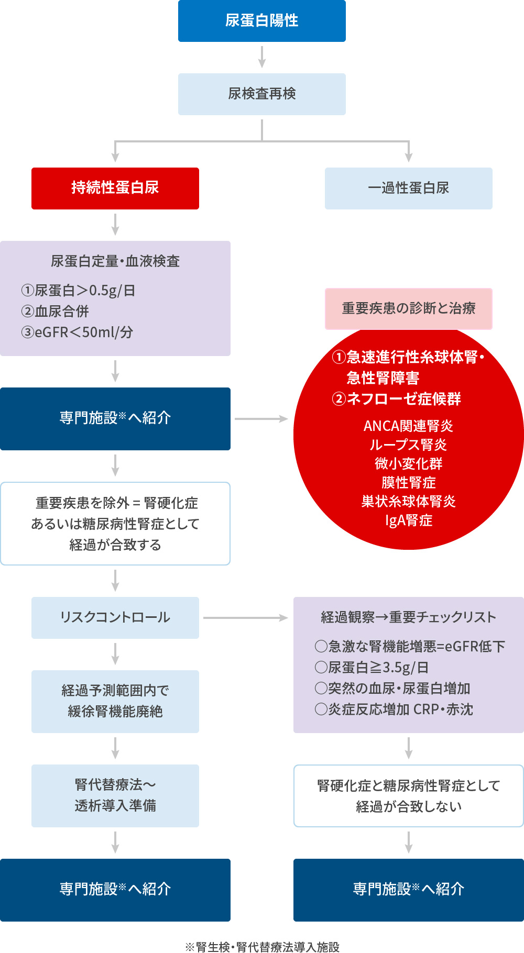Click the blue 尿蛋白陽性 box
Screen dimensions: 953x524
click(262, 21)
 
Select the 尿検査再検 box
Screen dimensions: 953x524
click(262, 94)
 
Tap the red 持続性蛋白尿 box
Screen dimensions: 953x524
click(115, 189)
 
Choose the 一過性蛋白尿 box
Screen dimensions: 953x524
click(409, 189)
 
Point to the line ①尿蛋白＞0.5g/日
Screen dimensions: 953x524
click(79, 291)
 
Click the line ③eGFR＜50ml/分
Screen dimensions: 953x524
click(77, 333)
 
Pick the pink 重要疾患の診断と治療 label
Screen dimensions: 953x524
click(409, 308)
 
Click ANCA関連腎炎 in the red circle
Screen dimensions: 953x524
click(409, 426)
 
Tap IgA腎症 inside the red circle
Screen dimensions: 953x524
click(409, 520)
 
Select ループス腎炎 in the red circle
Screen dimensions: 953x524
click(409, 445)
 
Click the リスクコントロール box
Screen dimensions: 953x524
click(115, 618)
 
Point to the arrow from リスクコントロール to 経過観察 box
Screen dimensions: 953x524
click(245, 618)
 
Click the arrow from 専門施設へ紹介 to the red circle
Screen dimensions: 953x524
click(261, 419)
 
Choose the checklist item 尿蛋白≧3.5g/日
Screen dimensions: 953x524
click(372, 668)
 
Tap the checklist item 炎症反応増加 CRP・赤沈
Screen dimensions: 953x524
click(394, 710)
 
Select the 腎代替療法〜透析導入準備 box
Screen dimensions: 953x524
click(115, 796)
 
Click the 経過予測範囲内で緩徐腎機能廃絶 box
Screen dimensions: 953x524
click(115, 702)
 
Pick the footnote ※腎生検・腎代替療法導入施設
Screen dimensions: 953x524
click(262, 947)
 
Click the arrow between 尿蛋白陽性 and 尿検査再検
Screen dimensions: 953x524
click(262, 57)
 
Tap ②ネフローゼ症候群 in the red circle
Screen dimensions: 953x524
click(397, 399)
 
